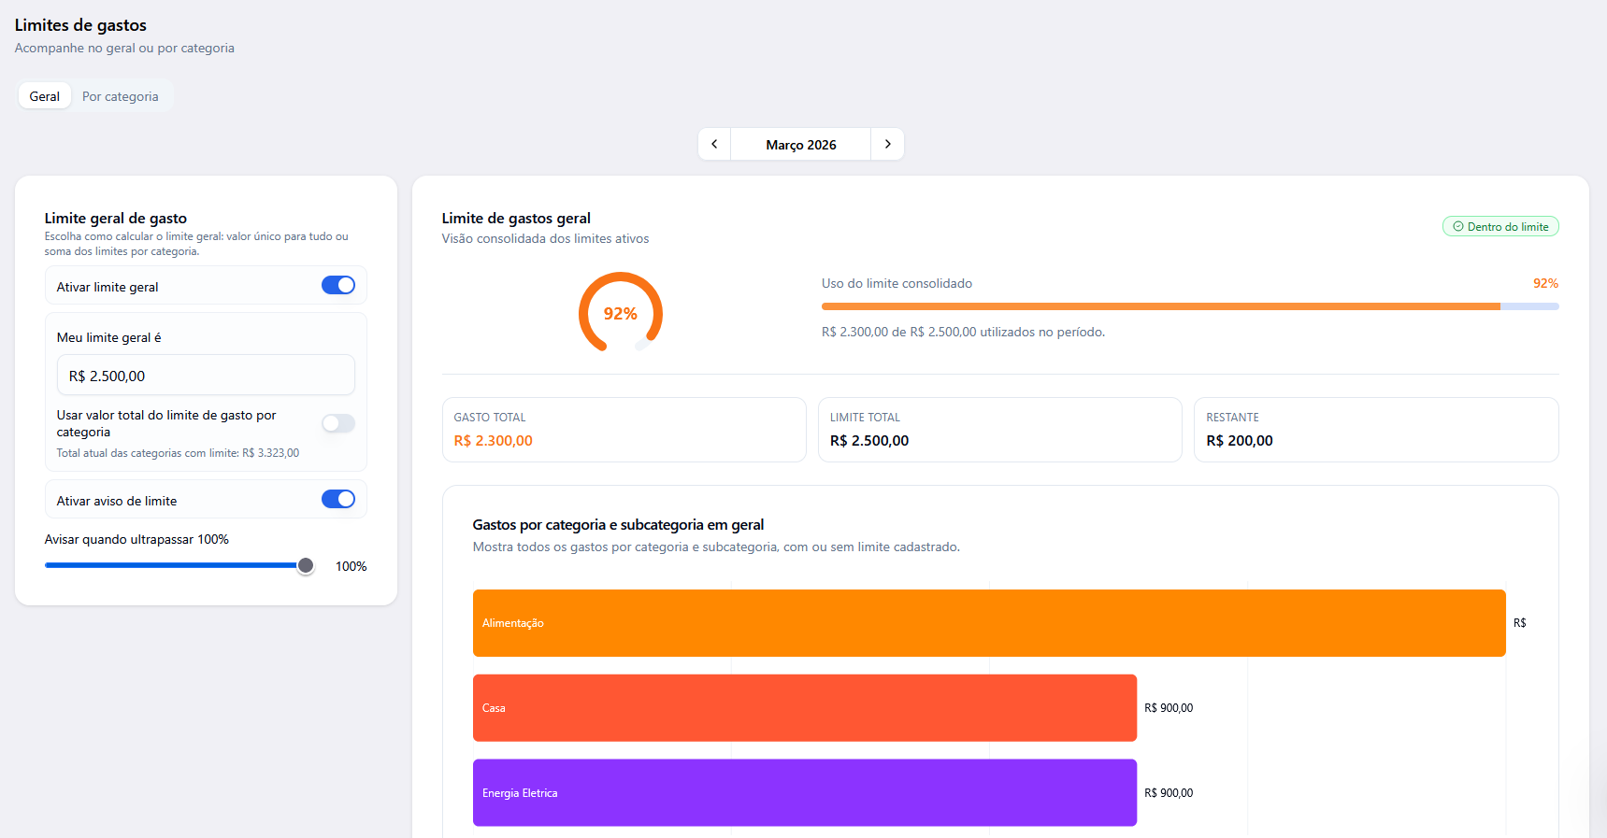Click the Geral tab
(45, 96)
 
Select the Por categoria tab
(121, 96)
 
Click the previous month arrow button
(714, 144)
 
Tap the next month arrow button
(887, 144)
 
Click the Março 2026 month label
(801, 145)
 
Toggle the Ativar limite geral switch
(338, 285)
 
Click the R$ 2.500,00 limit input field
(206, 376)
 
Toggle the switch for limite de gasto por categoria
(338, 423)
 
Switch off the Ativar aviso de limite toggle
(338, 499)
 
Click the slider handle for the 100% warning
(306, 565)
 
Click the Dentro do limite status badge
(1500, 227)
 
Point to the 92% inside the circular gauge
(621, 314)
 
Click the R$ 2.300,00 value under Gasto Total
(494, 441)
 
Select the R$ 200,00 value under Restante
(1240, 441)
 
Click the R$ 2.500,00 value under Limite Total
(869, 441)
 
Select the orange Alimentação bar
(989, 623)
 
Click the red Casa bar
(805, 708)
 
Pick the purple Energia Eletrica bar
(805, 793)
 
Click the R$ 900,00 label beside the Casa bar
(1169, 708)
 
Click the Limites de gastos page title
(80, 25)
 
